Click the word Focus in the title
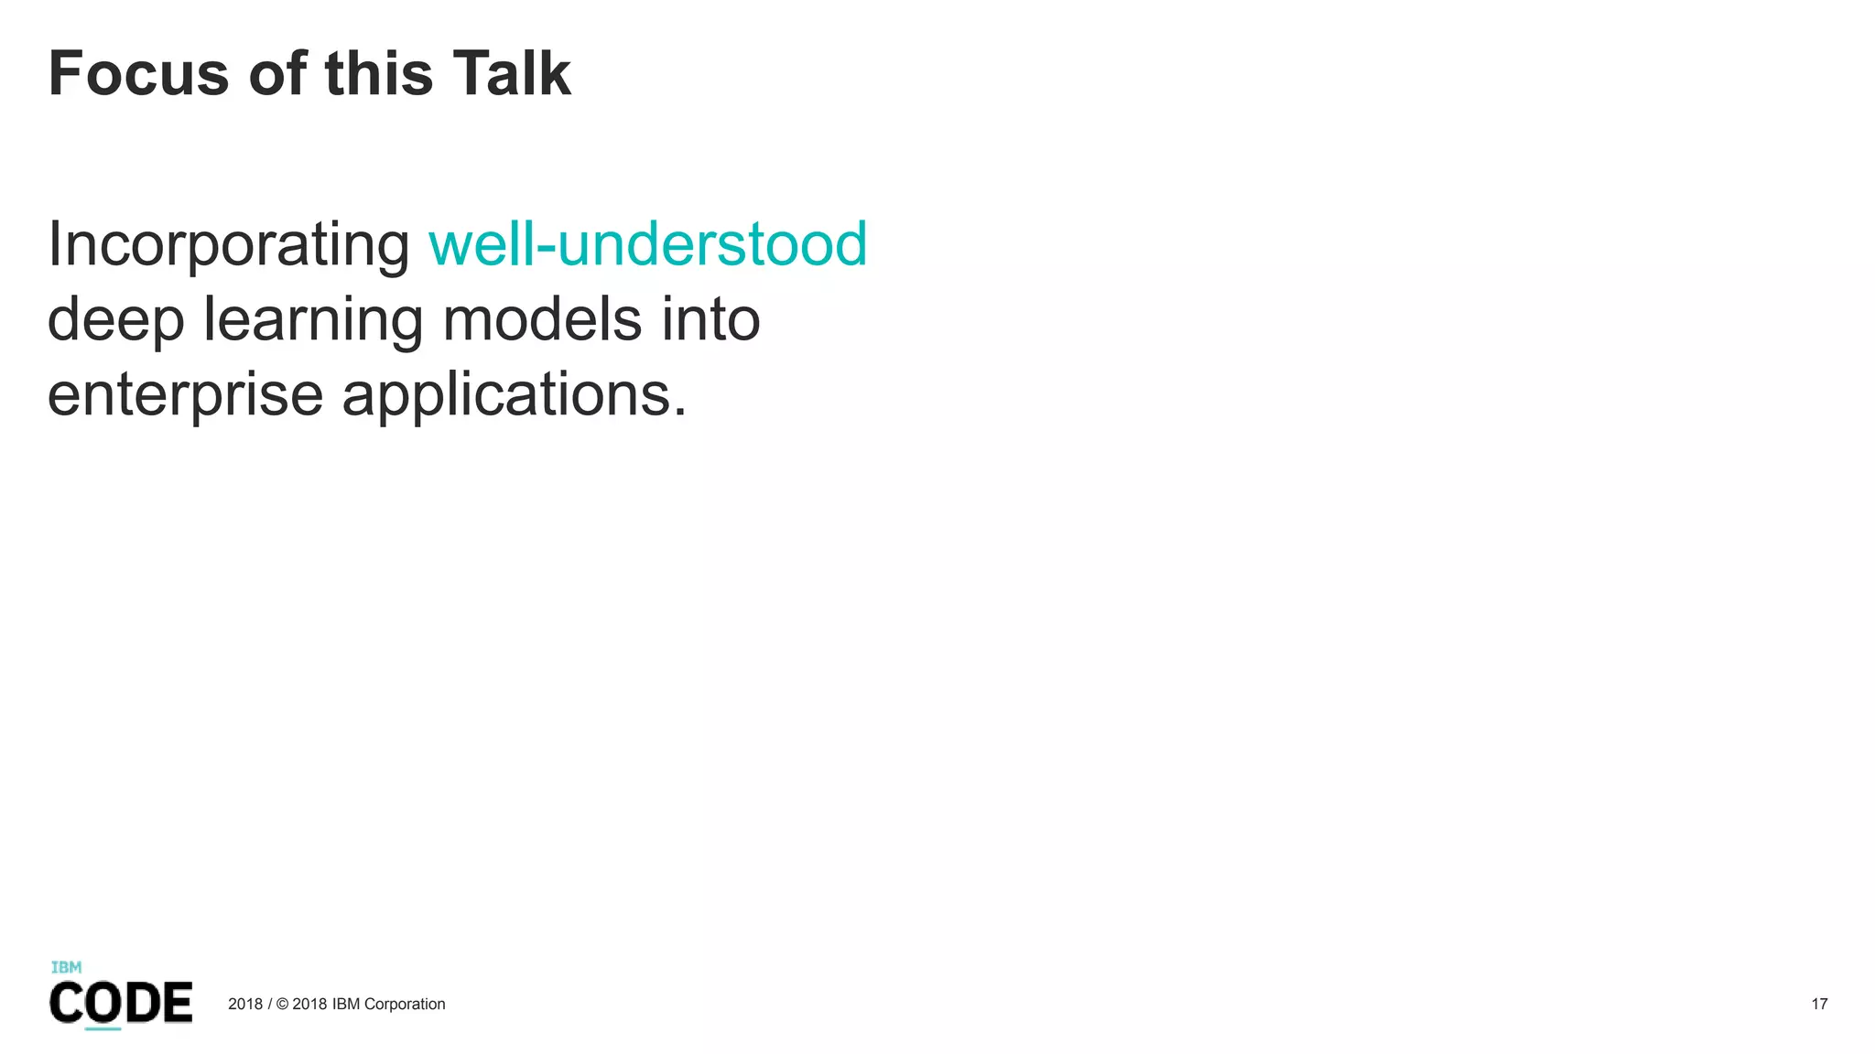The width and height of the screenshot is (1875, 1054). coord(138,74)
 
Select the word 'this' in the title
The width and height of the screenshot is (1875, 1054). coord(378,74)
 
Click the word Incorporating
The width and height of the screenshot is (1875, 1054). coord(229,245)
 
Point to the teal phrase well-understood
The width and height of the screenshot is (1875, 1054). coord(647,244)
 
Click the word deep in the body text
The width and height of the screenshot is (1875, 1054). coord(115,320)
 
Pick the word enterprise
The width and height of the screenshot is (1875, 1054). coord(185,395)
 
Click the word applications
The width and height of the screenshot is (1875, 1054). coord(513,395)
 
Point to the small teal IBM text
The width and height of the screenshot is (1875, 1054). coord(66,967)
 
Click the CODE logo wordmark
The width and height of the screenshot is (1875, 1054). coord(120,1003)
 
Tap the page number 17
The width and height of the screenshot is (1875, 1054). coord(1819,1004)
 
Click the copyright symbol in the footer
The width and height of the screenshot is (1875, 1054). coord(282,1004)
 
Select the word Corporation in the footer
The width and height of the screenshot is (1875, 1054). coord(405,1004)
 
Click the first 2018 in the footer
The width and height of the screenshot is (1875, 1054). coord(244,1004)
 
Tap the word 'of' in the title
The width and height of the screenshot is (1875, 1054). coord(276,74)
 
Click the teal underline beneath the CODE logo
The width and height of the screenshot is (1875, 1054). coord(103,1029)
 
